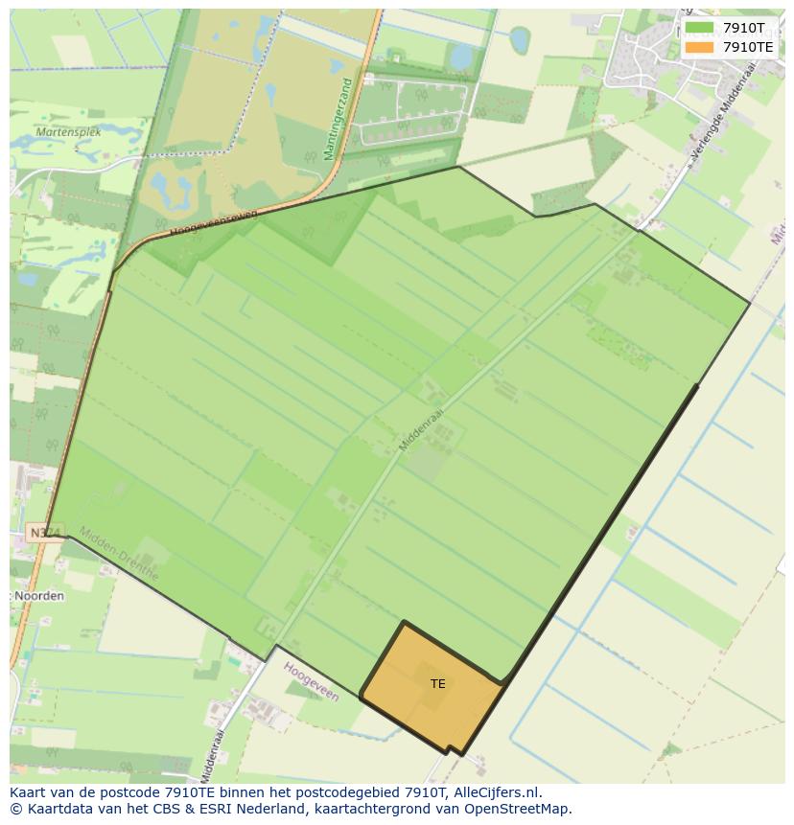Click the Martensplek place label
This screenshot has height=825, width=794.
[68, 132]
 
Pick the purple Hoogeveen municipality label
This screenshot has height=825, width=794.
[312, 680]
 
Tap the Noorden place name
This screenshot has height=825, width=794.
[39, 596]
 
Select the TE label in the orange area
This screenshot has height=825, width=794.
[438, 684]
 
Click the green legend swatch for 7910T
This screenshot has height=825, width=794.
[700, 28]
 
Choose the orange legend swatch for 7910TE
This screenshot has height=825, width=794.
[700, 46]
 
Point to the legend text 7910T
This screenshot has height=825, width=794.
[744, 28]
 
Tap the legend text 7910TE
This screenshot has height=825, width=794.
[748, 46]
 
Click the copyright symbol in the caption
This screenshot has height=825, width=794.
[16, 809]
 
